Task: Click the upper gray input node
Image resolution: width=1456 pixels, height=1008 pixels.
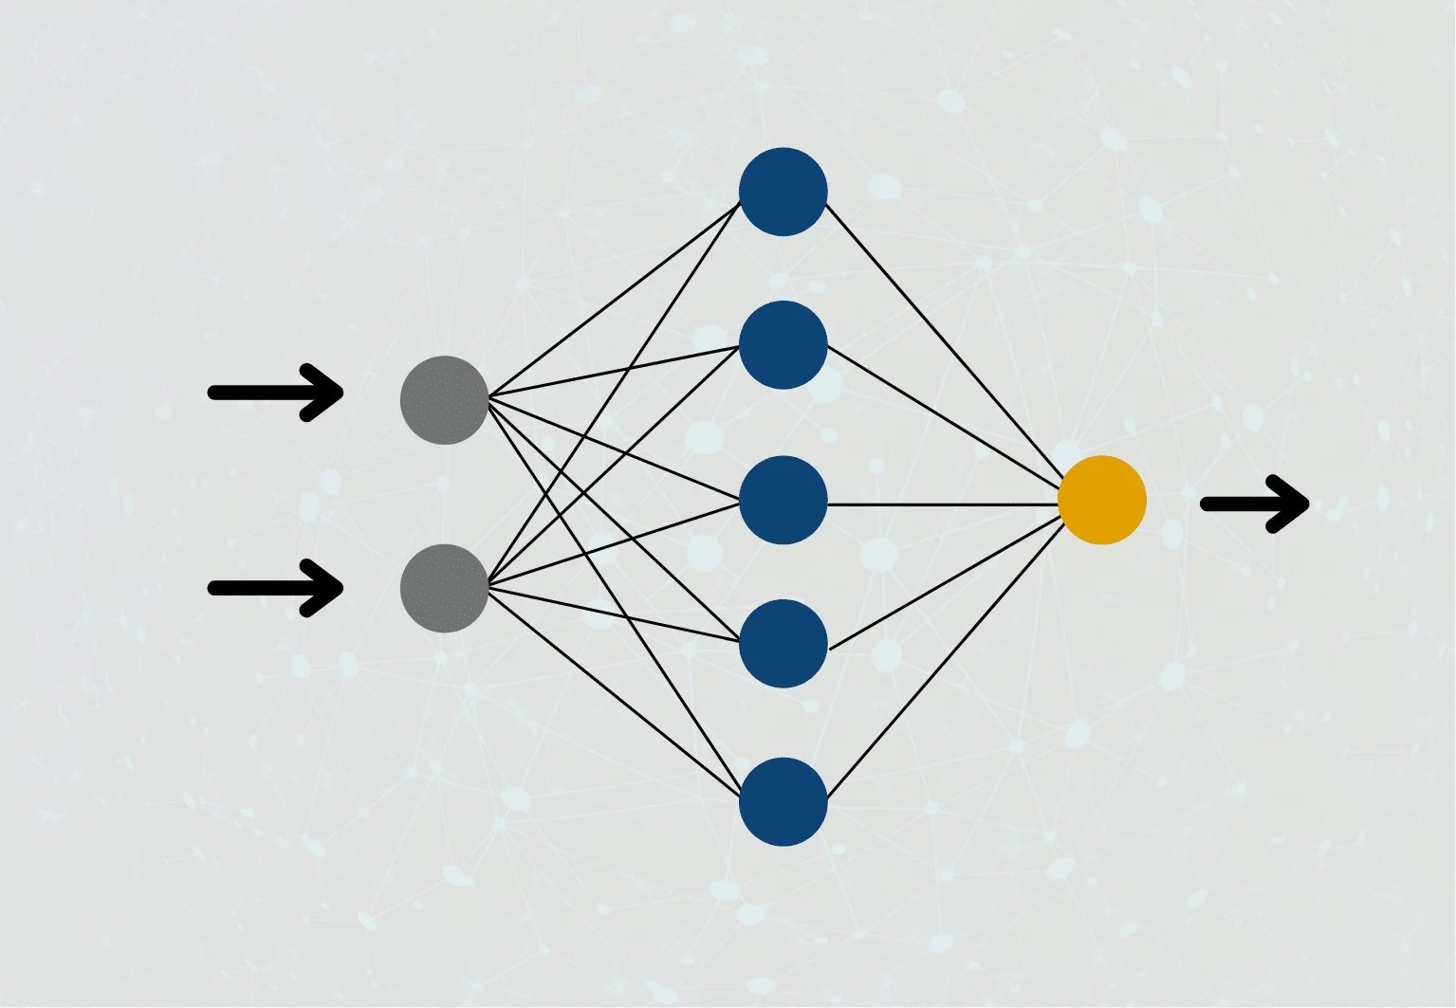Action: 444,400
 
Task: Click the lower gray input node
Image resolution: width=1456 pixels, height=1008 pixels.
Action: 444,588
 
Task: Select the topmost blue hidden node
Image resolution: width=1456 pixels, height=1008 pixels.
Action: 783,192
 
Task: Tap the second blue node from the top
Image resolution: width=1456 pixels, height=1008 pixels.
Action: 783,344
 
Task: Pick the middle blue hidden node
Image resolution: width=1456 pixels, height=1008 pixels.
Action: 783,500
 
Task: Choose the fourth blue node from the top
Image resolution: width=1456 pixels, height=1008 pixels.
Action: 783,643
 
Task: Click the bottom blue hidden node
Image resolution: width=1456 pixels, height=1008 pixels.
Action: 783,801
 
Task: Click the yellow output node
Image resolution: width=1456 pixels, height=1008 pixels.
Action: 1101,500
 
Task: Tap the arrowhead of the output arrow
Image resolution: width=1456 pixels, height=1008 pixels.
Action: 1290,504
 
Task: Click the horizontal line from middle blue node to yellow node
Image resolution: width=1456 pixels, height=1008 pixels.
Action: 944,504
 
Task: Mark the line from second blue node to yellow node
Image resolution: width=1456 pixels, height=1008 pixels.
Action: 944,413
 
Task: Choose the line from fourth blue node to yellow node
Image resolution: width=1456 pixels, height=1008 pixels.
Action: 944,582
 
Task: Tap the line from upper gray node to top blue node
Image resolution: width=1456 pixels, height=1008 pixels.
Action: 615,300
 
